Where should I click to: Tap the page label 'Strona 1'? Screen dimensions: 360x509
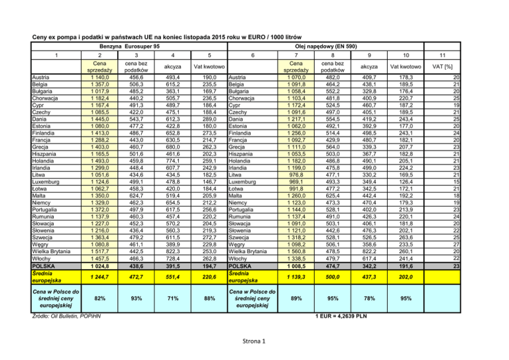(x=254, y=342)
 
